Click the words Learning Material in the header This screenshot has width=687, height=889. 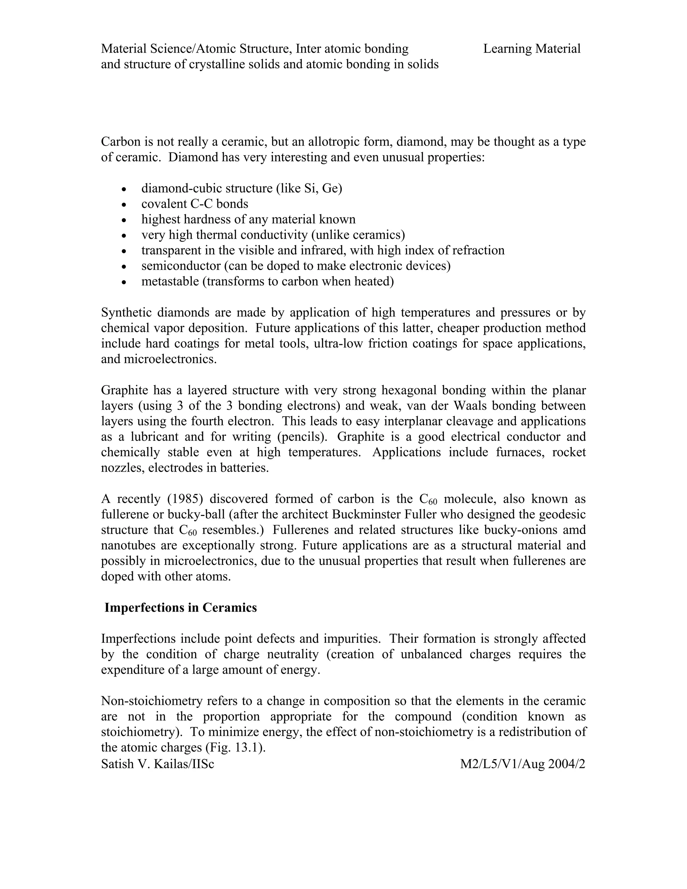[x=532, y=49]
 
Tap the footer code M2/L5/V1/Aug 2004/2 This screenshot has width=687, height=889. [x=523, y=764]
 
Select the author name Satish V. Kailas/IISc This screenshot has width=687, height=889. [x=158, y=764]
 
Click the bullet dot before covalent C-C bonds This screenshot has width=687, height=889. [x=124, y=205]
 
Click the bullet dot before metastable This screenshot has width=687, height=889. [x=124, y=282]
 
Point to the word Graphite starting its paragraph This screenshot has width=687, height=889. [x=124, y=390]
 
